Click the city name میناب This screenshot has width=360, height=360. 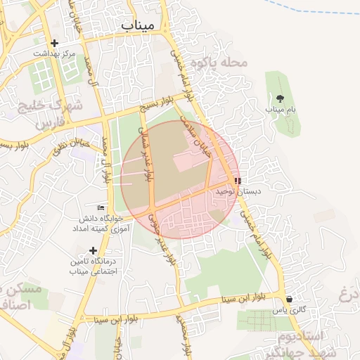136,26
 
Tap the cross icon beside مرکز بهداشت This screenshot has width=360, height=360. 54,44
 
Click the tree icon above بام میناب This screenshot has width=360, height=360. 280,98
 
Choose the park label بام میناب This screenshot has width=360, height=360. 279,110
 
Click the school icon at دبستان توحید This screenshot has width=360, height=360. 236,181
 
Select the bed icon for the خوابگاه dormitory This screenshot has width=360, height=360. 101,208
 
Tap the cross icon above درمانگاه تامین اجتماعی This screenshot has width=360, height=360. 93,250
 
